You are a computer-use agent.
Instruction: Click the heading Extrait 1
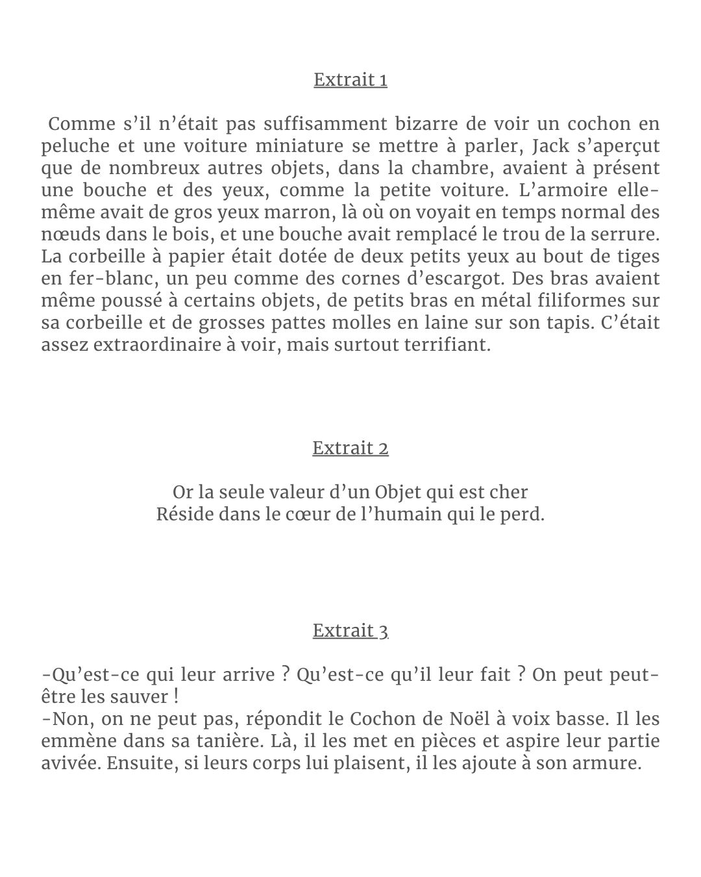pos(350,80)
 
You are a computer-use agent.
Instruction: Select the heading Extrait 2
pos(350,448)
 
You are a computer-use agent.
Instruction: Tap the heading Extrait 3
pos(350,631)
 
